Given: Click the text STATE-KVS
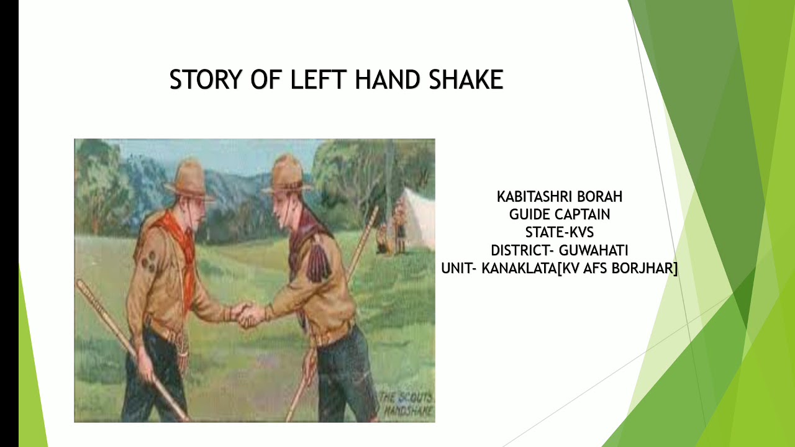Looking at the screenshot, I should pos(559,232).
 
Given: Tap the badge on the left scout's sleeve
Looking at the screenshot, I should pos(148,261).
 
